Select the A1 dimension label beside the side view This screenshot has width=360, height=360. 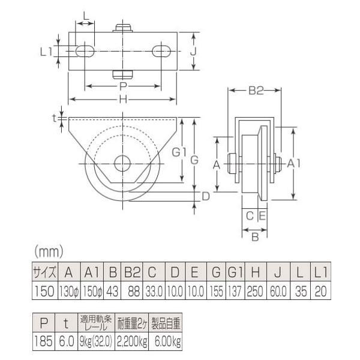[304, 163]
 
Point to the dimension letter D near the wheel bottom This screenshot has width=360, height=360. [205, 196]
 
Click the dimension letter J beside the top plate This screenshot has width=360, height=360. [193, 52]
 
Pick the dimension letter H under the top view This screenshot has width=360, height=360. [124, 101]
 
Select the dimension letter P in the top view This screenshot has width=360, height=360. [122, 86]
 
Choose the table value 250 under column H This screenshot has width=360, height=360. [255, 290]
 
